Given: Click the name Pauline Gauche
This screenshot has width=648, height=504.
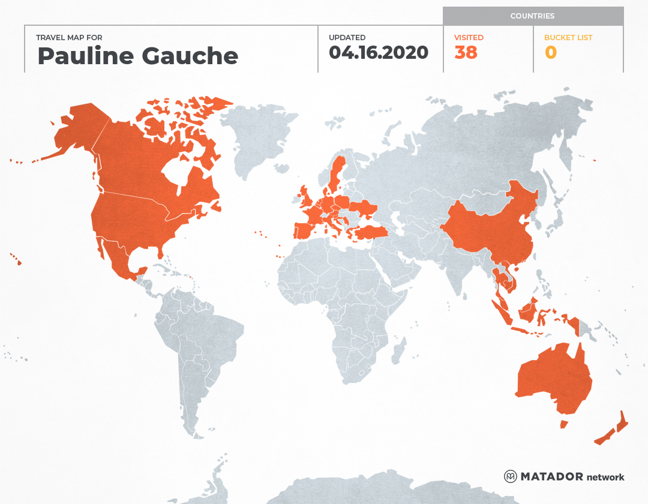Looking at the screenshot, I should point(137,56).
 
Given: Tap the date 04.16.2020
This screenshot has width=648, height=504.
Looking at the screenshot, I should point(378,53).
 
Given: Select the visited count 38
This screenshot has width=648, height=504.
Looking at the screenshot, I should point(466,53).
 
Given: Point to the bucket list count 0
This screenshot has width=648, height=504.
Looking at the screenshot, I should point(550,53).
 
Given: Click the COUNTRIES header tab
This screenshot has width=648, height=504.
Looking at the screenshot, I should point(532,16).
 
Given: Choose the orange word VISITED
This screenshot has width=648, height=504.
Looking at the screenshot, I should point(469,37).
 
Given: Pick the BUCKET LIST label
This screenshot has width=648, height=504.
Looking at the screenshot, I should point(568,37).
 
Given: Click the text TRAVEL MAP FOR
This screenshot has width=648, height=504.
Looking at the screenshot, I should point(70,37).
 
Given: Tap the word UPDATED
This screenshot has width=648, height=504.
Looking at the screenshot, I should point(347,37).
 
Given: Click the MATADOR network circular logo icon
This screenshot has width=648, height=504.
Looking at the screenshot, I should point(510,476).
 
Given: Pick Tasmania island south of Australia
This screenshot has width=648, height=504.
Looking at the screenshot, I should point(564,424).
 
